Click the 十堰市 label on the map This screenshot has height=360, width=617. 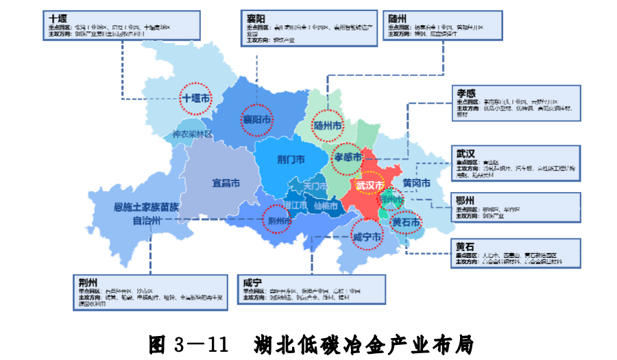[197, 99]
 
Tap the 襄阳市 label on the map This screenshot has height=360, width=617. [256, 119]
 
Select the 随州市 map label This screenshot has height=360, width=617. [327, 126]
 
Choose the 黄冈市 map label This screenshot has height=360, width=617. [416, 183]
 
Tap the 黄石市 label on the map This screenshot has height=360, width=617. [406, 221]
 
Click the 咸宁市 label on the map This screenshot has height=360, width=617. [367, 237]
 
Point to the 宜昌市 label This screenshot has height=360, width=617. [226, 183]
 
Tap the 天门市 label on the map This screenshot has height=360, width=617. [316, 186]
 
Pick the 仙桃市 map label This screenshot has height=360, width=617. [326, 205]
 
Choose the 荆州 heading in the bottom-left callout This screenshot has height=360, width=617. [88, 281]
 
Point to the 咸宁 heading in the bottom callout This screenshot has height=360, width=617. [252, 282]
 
